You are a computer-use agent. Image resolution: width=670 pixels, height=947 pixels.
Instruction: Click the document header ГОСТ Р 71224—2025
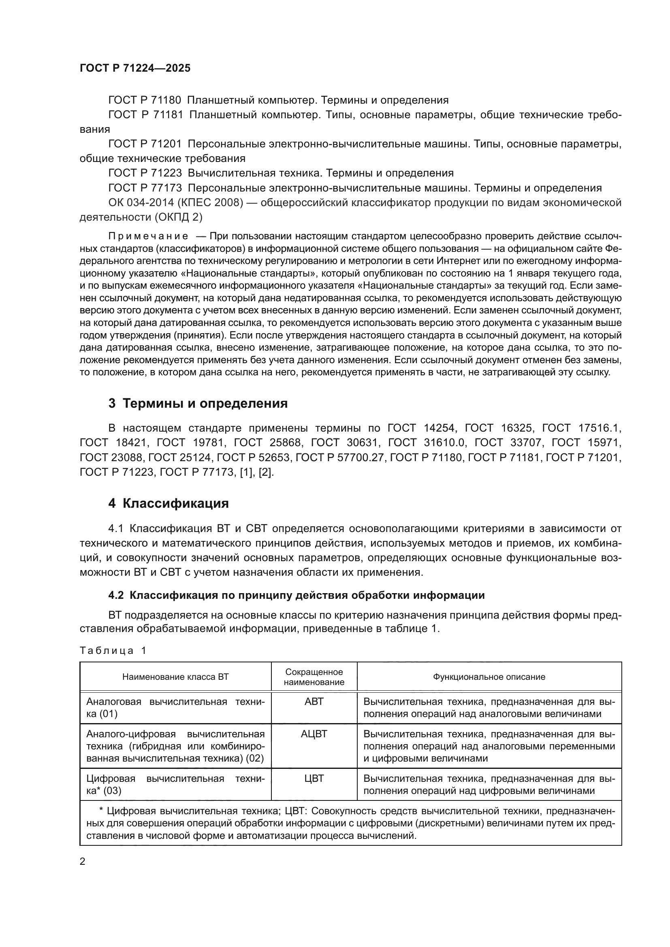click(135, 68)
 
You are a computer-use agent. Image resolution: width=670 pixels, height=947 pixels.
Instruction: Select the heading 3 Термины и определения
click(198, 403)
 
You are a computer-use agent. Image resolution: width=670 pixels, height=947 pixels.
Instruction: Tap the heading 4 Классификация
click(169, 504)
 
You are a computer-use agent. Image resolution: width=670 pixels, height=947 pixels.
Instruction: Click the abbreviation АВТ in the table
click(314, 701)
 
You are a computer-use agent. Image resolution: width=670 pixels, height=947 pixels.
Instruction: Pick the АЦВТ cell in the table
click(314, 733)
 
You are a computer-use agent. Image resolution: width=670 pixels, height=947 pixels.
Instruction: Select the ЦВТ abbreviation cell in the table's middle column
click(314, 778)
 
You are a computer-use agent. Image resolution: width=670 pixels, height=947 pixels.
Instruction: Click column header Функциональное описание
click(489, 677)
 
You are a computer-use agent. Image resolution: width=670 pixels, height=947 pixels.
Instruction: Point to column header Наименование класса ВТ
click(175, 677)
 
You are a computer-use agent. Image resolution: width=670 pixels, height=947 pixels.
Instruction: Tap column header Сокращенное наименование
click(314, 677)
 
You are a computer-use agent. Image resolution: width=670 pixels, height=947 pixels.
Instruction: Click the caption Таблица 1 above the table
click(113, 651)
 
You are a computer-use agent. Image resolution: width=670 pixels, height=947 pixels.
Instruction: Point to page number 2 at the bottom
click(83, 861)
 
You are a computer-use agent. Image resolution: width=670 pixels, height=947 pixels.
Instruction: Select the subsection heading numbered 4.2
click(296, 595)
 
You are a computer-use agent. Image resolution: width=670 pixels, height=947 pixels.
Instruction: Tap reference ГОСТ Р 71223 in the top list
click(145, 173)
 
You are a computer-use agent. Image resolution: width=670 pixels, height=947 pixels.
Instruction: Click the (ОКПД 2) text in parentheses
click(178, 217)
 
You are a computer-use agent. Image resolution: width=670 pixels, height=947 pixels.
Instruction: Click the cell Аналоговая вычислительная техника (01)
click(175, 707)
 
